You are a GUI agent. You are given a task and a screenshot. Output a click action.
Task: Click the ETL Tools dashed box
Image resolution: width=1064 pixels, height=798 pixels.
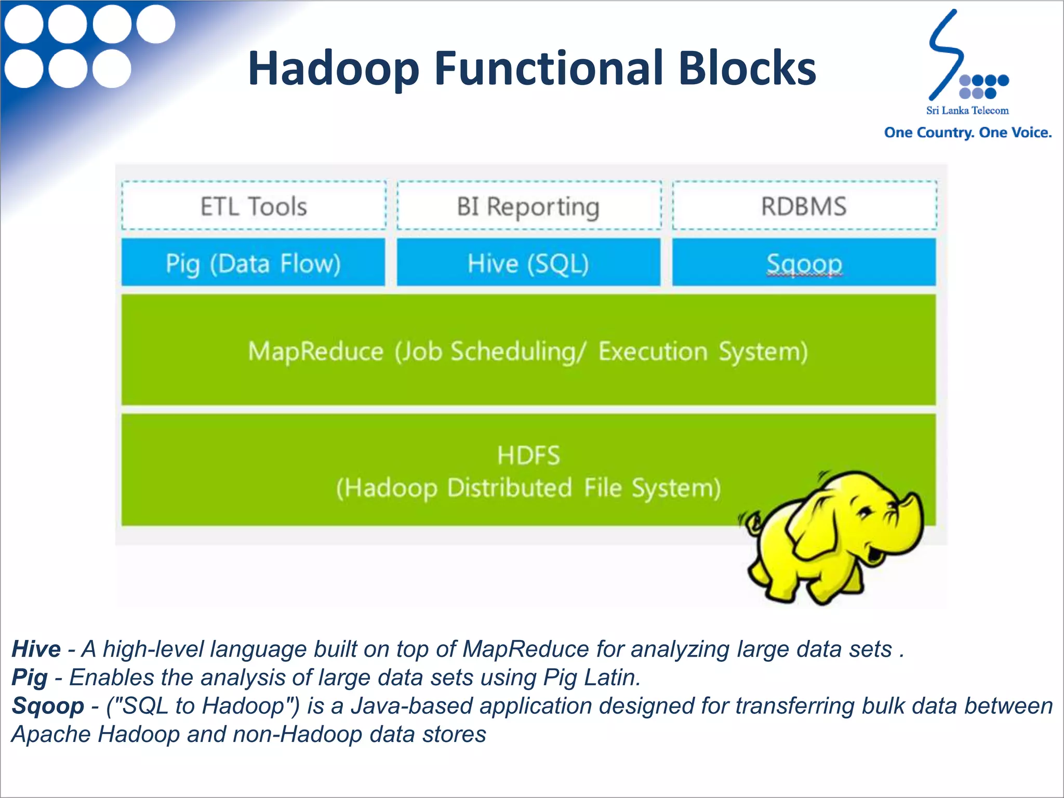254,206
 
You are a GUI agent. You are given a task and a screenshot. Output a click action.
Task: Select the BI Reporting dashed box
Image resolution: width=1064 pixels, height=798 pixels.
528,206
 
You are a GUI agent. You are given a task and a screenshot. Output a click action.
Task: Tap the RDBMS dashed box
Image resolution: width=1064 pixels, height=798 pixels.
804,206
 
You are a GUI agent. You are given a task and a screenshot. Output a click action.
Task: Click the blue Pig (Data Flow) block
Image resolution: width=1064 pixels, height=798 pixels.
254,263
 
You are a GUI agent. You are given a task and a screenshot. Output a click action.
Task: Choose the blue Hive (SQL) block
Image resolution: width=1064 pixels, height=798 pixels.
528,263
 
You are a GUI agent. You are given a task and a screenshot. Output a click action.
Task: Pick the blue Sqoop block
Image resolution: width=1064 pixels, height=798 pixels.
804,263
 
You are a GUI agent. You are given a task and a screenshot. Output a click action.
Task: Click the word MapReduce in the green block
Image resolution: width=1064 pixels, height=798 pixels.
315,351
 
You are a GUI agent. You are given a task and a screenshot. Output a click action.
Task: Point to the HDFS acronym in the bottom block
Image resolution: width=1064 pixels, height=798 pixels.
528,455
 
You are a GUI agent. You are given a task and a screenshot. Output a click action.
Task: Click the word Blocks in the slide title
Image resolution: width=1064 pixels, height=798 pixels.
747,68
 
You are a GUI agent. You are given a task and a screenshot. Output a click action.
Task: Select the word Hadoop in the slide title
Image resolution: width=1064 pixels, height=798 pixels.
333,68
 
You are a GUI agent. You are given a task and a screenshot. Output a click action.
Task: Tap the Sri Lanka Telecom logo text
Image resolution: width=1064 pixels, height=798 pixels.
967,110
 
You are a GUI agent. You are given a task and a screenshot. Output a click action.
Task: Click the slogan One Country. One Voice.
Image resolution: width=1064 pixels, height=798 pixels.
968,132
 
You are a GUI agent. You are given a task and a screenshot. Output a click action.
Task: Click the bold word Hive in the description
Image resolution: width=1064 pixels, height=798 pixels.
36,649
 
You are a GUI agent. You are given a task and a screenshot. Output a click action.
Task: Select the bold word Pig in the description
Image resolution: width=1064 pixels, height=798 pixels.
29,677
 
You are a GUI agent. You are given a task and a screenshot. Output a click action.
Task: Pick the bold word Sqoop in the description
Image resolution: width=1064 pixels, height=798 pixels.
48,706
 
